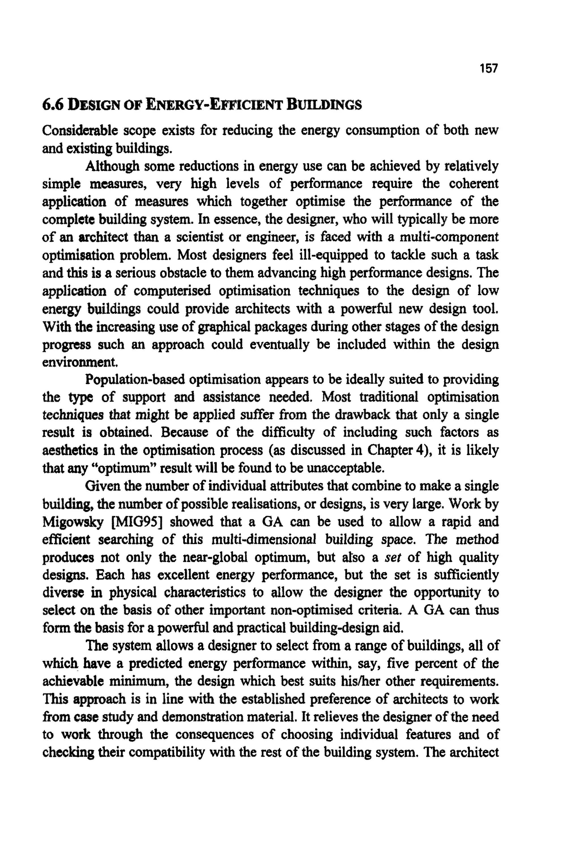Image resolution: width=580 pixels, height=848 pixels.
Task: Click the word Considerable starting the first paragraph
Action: [x=80, y=131]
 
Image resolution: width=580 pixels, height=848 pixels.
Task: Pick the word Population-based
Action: [x=135, y=380]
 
